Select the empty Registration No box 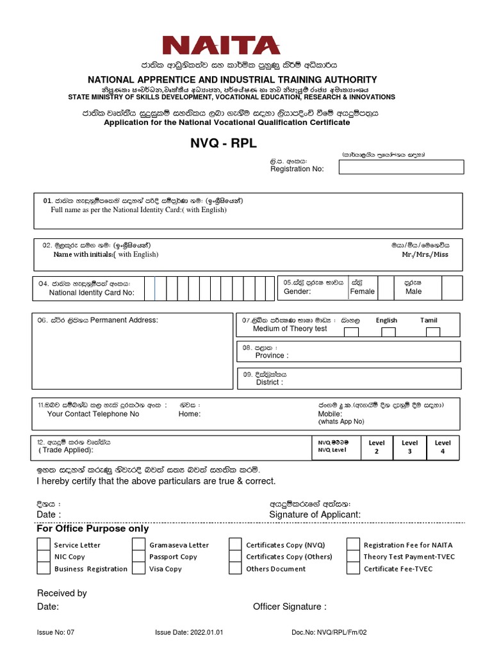[x=401, y=167]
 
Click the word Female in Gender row [x=362, y=291]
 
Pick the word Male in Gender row [x=414, y=291]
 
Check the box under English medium [x=388, y=332]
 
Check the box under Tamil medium [x=433, y=332]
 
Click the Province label [x=272, y=356]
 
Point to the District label [x=269, y=382]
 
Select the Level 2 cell [x=376, y=447]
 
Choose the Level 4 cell [x=443, y=447]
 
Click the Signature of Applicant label [x=315, y=514]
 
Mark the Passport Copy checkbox [x=139, y=557]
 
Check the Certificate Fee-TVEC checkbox [x=353, y=568]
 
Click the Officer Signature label [x=290, y=607]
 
